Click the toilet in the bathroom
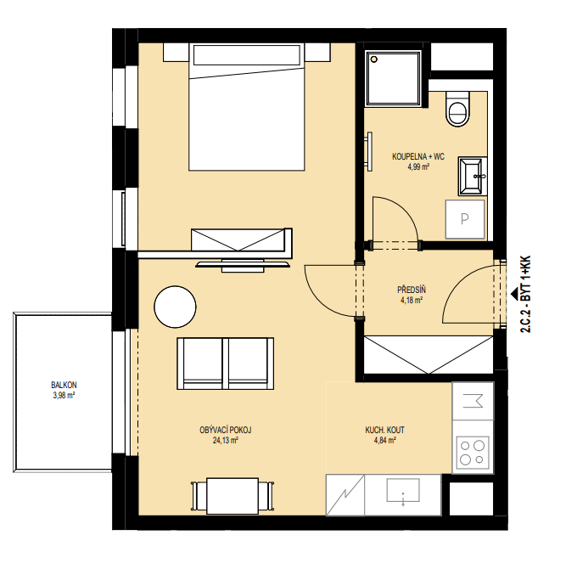pyautogui.click(x=457, y=109)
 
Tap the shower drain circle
pyautogui.click(x=374, y=59)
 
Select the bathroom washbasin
pyautogui.click(x=473, y=176)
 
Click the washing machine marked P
pyautogui.click(x=465, y=219)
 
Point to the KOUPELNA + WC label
pyautogui.click(x=418, y=157)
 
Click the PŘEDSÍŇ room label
pyautogui.click(x=412, y=290)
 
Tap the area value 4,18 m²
pyautogui.click(x=412, y=300)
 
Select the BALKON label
pyautogui.click(x=64, y=385)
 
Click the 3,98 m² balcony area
pyautogui.click(x=64, y=395)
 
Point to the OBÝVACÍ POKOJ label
pyautogui.click(x=226, y=430)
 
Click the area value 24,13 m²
pyautogui.click(x=226, y=441)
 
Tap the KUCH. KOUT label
pyautogui.click(x=384, y=430)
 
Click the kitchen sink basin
pyautogui.click(x=403, y=490)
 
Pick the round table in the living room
pyautogui.click(x=175, y=307)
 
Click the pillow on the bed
pyautogui.click(x=247, y=55)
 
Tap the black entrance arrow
pyautogui.click(x=514, y=295)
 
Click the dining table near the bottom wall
pyautogui.click(x=233, y=496)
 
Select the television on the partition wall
pyautogui.click(x=243, y=265)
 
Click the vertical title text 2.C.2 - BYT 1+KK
pyautogui.click(x=525, y=295)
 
